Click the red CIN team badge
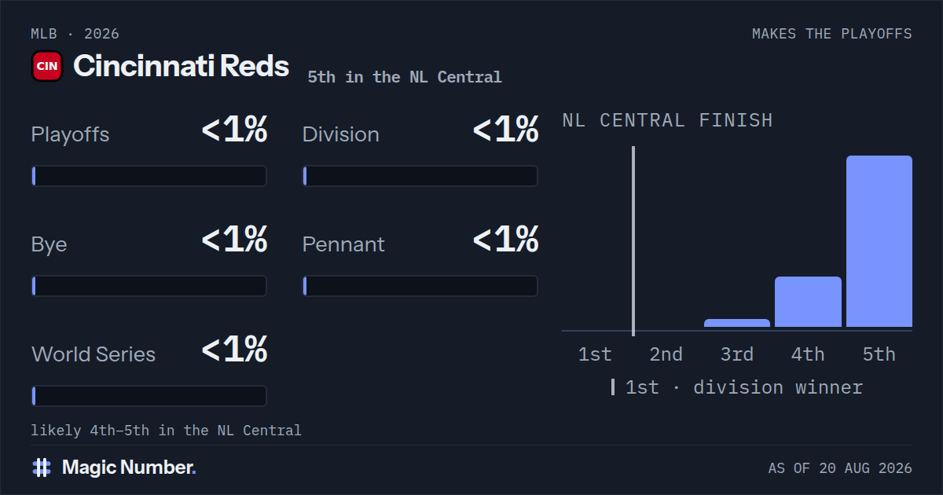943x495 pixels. pyautogui.click(x=47, y=66)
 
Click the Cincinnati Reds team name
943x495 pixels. pyautogui.click(x=181, y=66)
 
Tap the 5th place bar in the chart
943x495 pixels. pyautogui.click(x=879, y=241)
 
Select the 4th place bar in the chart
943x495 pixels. pyautogui.click(x=808, y=302)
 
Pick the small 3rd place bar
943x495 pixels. pyautogui.click(x=737, y=323)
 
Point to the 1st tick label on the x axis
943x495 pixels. pyautogui.click(x=594, y=354)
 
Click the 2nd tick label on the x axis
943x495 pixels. pyautogui.click(x=666, y=354)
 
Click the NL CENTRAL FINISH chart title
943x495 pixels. pyautogui.click(x=667, y=120)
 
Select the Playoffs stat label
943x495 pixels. pyautogui.click(x=70, y=134)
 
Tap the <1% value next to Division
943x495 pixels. pyautogui.click(x=505, y=129)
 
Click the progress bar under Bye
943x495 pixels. pyautogui.click(x=149, y=286)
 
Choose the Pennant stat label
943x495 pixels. pyautogui.click(x=343, y=244)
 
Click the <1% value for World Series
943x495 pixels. pyautogui.click(x=234, y=349)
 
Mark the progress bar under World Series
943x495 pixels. pyautogui.click(x=149, y=396)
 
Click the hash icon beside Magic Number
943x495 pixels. pyautogui.click(x=42, y=467)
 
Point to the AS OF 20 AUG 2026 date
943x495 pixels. pyautogui.click(x=840, y=468)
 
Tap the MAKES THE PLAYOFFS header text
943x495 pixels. pyautogui.click(x=832, y=34)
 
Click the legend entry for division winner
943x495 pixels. pyautogui.click(x=737, y=387)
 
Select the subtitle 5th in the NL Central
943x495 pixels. pyautogui.click(x=405, y=77)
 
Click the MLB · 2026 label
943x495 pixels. pyautogui.click(x=75, y=34)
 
